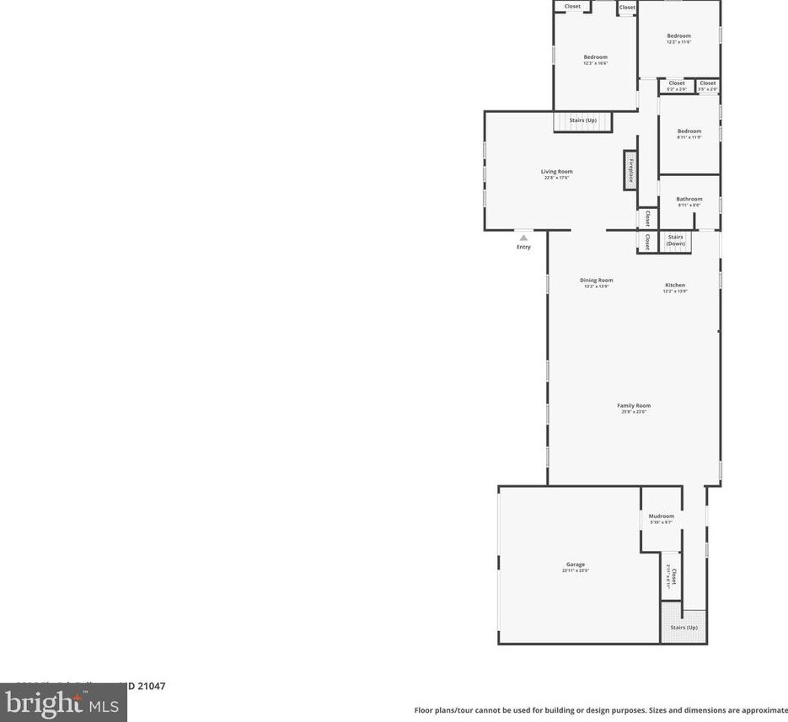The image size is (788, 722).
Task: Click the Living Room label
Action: coord(556,172)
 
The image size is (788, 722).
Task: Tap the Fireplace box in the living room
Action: coord(630,170)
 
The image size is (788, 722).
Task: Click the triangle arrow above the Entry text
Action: coord(523,238)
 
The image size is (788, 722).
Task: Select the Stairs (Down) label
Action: coord(676,240)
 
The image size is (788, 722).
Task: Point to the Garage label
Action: coord(575,564)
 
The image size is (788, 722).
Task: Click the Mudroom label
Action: coord(661,516)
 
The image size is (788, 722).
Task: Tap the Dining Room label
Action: coord(596,281)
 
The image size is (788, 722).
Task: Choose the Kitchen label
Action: coord(675,286)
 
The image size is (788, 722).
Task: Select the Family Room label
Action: coord(634,406)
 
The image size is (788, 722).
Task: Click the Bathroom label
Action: coord(689,200)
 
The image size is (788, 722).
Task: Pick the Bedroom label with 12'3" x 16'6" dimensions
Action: coord(595,57)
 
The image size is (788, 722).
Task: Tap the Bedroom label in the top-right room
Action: coord(678,36)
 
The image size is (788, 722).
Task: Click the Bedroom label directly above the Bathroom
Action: coord(689,131)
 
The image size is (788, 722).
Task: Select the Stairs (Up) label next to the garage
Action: coord(683,628)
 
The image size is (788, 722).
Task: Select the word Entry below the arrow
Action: coord(523,247)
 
